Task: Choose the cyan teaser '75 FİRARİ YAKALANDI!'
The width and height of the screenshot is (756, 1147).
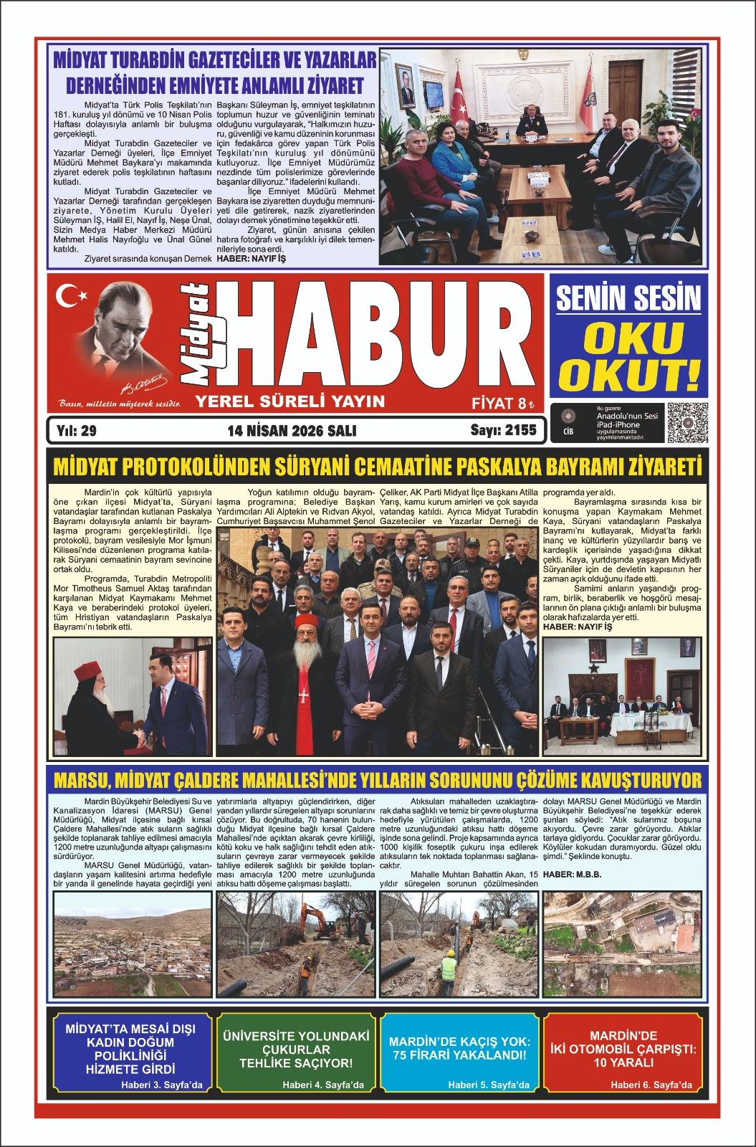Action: coord(459,1050)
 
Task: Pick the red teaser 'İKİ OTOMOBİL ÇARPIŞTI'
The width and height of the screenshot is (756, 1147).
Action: coord(623,1050)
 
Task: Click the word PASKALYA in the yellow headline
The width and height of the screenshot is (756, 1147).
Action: coord(508,470)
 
